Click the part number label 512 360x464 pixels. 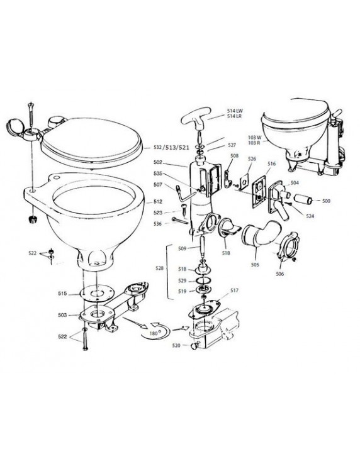158,202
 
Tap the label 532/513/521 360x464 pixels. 171,147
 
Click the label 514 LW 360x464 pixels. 235,111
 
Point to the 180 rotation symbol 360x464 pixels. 155,331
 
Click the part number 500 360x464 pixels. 326,201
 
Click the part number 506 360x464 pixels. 279,273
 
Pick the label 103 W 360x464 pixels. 255,137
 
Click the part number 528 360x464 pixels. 160,268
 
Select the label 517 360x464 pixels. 234,290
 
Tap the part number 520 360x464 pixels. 176,345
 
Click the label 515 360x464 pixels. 62,294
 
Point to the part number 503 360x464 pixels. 62,315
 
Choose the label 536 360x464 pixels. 158,224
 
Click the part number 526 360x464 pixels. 252,159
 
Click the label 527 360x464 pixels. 232,145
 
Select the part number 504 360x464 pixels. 295,183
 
